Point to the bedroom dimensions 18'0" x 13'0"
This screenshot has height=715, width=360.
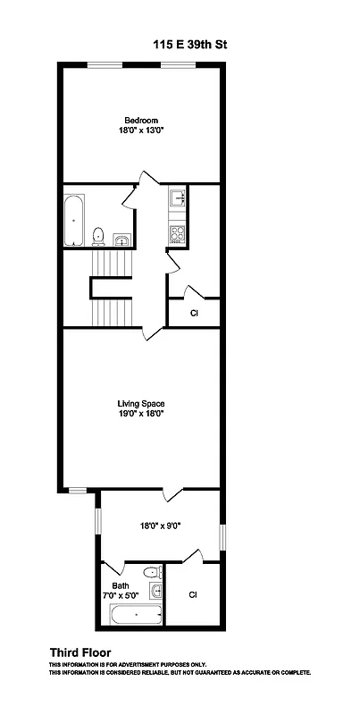pos(140,131)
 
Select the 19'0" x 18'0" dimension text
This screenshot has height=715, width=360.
pos(140,413)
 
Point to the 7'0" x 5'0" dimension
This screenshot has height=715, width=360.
pos(121,595)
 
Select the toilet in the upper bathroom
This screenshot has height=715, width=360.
pos(99,236)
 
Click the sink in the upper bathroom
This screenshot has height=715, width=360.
pos(121,239)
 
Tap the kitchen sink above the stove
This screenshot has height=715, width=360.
pos(176,197)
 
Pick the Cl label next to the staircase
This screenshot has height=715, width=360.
pos(194,313)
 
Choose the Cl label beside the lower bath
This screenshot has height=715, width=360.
pos(194,594)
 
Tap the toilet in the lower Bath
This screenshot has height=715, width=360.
pos(153,572)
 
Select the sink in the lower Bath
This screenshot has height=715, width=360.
pos(158,591)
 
